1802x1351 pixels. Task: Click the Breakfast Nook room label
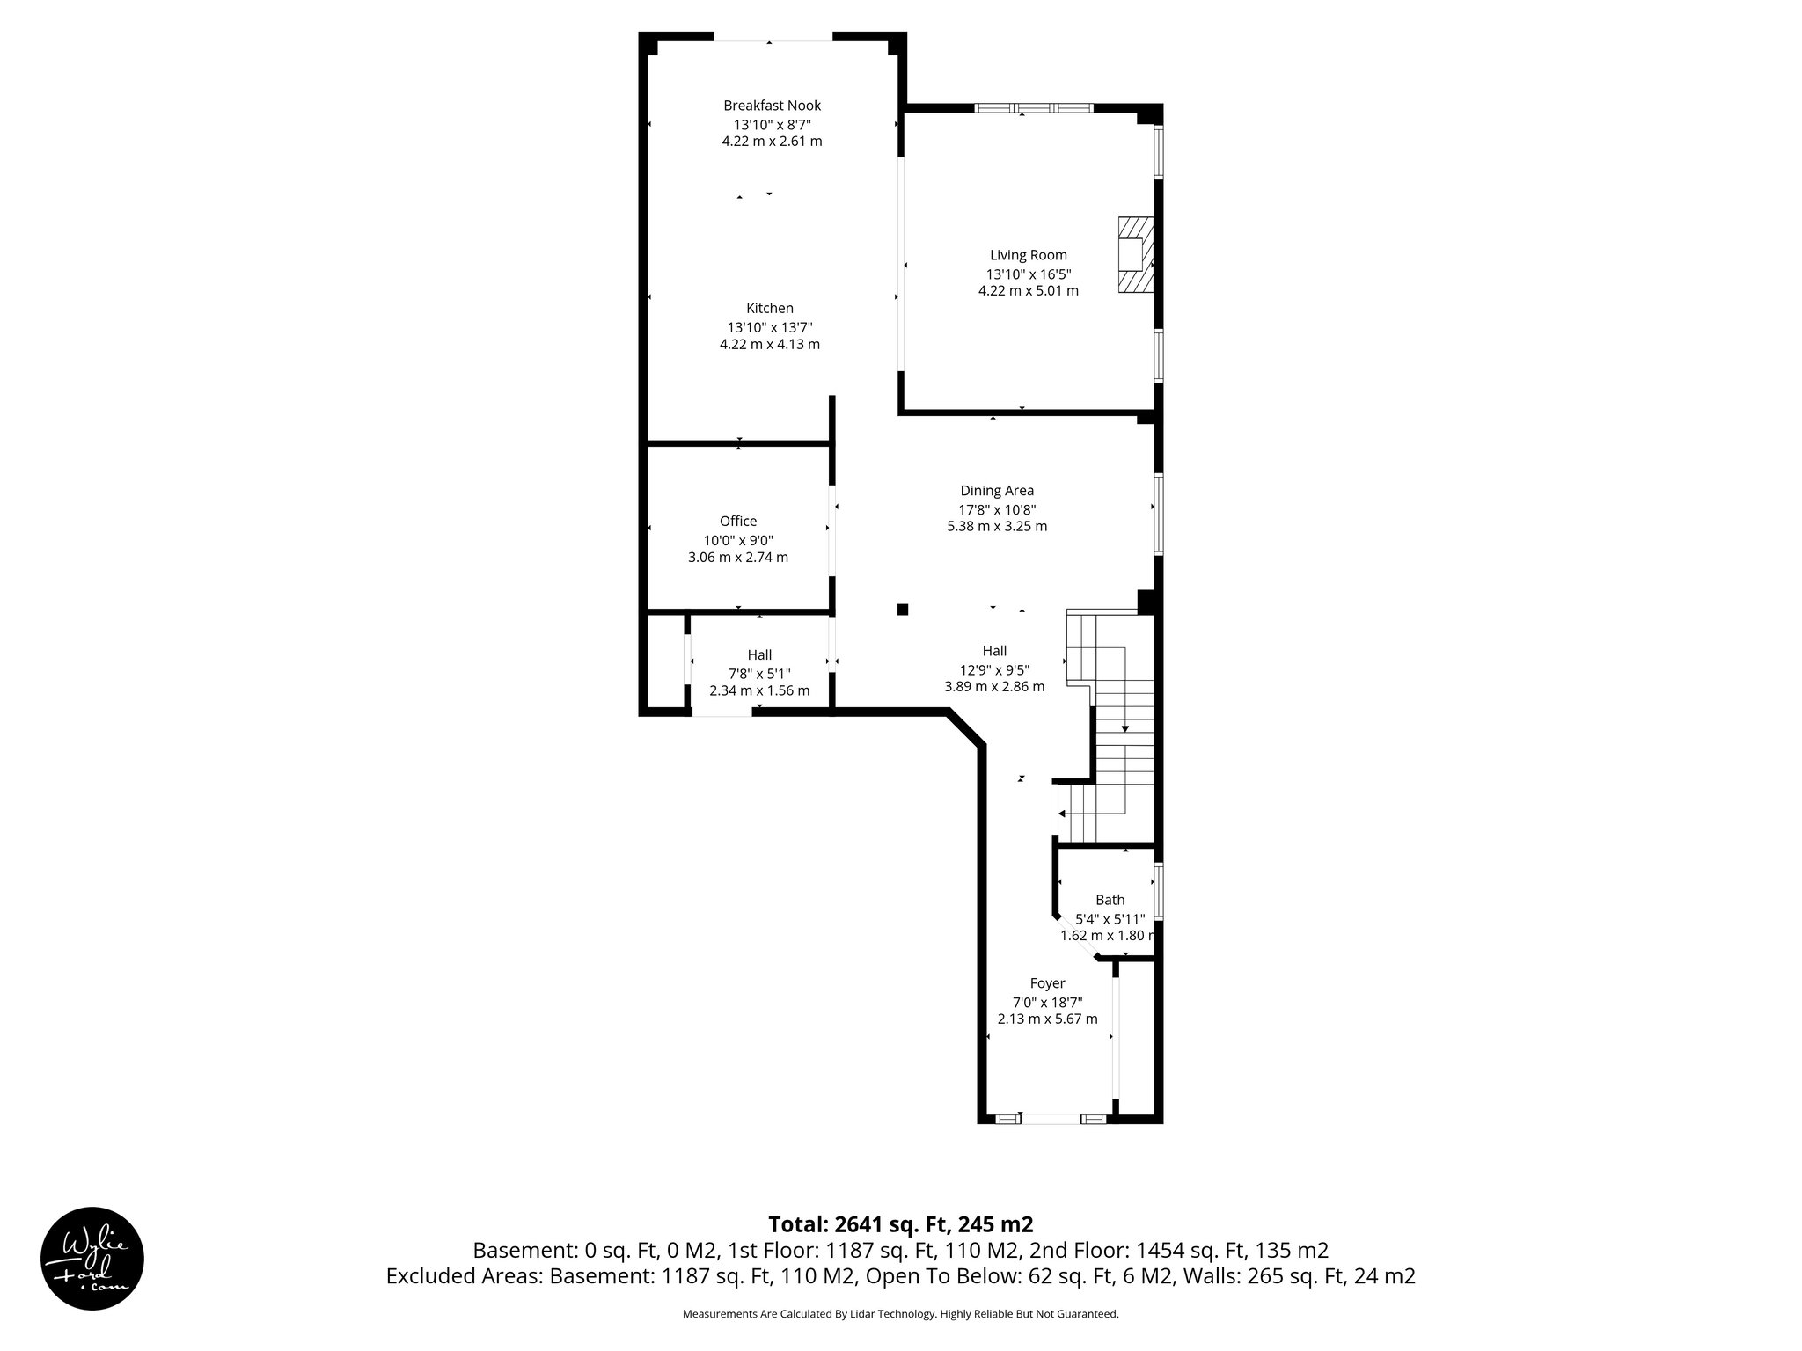(x=772, y=106)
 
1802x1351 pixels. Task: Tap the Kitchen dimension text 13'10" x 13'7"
(x=769, y=326)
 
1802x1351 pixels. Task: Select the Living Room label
(x=1028, y=255)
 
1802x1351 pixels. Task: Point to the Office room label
(x=737, y=521)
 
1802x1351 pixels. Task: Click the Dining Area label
(x=996, y=491)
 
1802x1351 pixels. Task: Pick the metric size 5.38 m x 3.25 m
(x=996, y=527)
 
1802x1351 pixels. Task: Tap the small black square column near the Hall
(x=902, y=609)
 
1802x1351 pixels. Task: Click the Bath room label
(x=1109, y=900)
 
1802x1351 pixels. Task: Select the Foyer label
(x=1047, y=983)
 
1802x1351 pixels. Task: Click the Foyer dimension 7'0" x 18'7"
(x=1047, y=1002)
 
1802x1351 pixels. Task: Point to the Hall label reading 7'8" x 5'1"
(x=758, y=673)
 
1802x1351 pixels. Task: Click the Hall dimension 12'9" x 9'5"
(x=994, y=668)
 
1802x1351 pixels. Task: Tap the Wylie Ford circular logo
(x=92, y=1258)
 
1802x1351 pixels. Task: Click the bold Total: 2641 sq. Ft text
(x=900, y=1224)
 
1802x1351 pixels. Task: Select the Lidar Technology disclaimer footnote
(x=900, y=1314)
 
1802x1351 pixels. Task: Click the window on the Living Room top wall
(x=1033, y=108)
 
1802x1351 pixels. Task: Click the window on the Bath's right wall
(x=1159, y=892)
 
